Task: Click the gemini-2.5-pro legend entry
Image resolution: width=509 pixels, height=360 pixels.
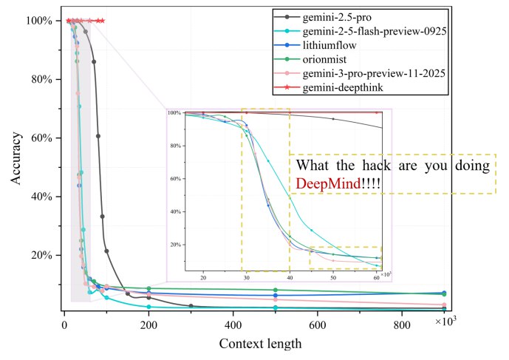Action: [335, 16]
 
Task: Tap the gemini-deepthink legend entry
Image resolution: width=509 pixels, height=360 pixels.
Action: [341, 88]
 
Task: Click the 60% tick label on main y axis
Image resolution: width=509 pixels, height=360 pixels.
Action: [41, 138]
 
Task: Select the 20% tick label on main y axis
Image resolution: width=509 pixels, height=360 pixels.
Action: [41, 256]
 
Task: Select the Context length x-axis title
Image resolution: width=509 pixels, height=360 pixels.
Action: [260, 344]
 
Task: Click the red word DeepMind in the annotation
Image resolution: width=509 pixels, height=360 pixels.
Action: [329, 183]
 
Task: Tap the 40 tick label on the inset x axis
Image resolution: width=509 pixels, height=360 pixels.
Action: [290, 278]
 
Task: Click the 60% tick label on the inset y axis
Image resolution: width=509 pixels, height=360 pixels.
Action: [175, 178]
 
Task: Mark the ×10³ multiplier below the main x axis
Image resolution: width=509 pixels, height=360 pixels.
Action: [445, 322]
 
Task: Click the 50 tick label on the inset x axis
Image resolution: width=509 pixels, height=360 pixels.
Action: [333, 278]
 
